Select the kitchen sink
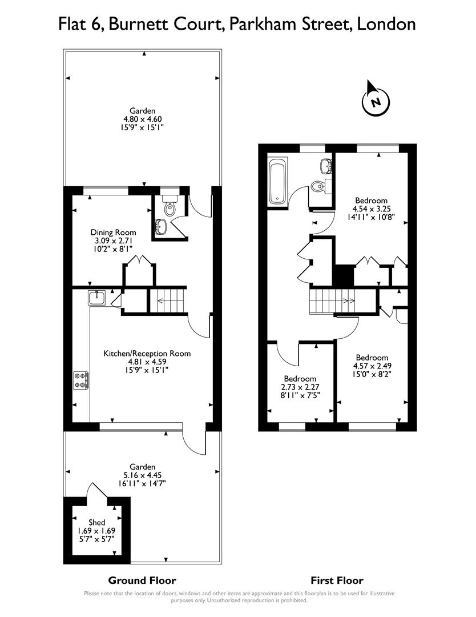point(97,298)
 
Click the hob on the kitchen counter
point(80,380)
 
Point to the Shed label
point(96,522)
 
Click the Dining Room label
point(113,232)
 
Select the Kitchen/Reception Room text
point(147,354)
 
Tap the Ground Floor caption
point(142,580)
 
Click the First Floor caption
point(337,580)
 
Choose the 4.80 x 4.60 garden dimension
point(142,119)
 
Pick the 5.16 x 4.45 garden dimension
point(142,475)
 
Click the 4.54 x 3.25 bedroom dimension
point(371,209)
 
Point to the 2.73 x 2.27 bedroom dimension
point(300,387)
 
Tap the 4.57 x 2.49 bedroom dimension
point(371,366)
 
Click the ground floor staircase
point(168,300)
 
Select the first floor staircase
point(331,301)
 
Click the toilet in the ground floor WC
point(170,208)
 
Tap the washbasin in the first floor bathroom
point(326,166)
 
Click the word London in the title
point(387,24)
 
